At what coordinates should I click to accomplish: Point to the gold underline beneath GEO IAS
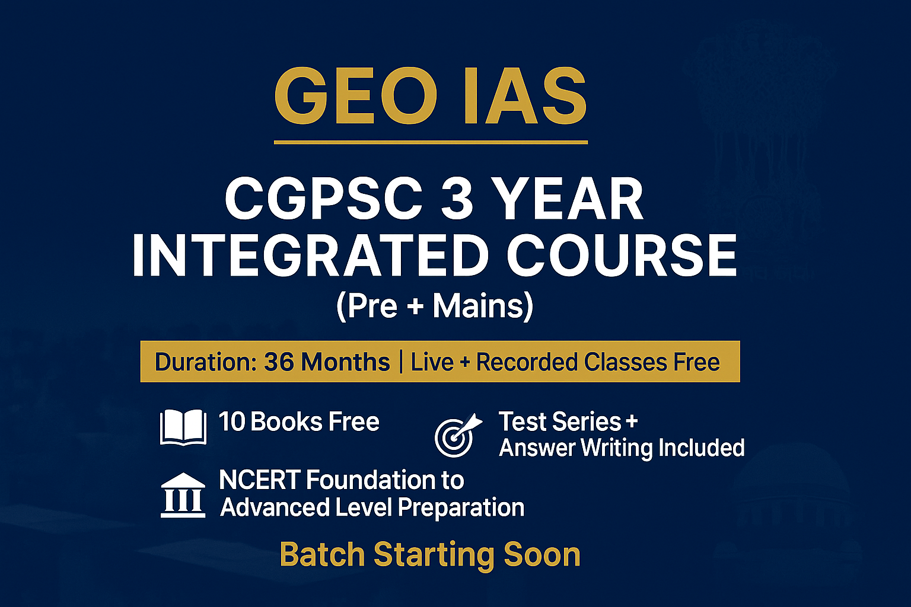pyautogui.click(x=431, y=142)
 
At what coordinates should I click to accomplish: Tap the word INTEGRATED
pyautogui.click(x=310, y=255)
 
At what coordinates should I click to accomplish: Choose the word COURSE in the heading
pyautogui.click(x=622, y=255)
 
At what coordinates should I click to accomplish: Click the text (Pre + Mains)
pyautogui.click(x=435, y=306)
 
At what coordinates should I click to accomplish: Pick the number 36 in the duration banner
pyautogui.click(x=279, y=362)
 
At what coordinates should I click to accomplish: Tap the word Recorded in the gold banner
pyautogui.click(x=527, y=362)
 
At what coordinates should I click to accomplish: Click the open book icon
pyautogui.click(x=183, y=427)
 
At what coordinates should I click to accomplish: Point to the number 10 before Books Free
pyautogui.click(x=231, y=422)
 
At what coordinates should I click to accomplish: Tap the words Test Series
pyautogui.click(x=560, y=422)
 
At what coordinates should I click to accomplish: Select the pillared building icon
pyautogui.click(x=183, y=496)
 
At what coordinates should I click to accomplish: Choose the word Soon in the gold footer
pyautogui.click(x=541, y=555)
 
